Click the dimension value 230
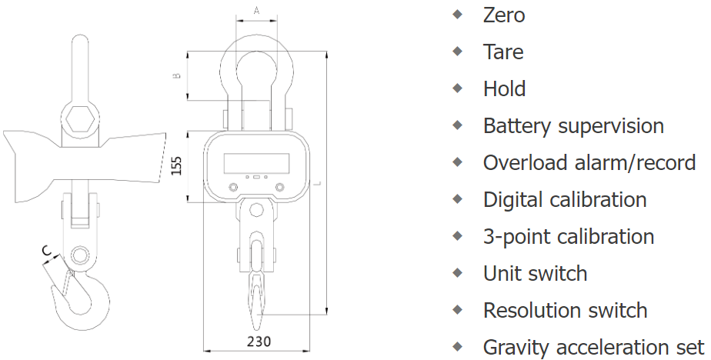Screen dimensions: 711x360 pyautogui.click(x=259, y=341)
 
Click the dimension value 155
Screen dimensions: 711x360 pyautogui.click(x=177, y=166)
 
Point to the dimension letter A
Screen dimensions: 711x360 pyautogui.click(x=257, y=11)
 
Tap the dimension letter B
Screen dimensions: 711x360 pyautogui.click(x=178, y=75)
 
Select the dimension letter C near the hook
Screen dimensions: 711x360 pyautogui.click(x=46, y=250)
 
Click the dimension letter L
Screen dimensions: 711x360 pyautogui.click(x=319, y=183)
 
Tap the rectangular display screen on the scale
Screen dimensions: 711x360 pyautogui.click(x=257, y=163)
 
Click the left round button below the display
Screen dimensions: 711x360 pyautogui.click(x=233, y=187)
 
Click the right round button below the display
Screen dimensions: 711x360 pyautogui.click(x=280, y=187)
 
